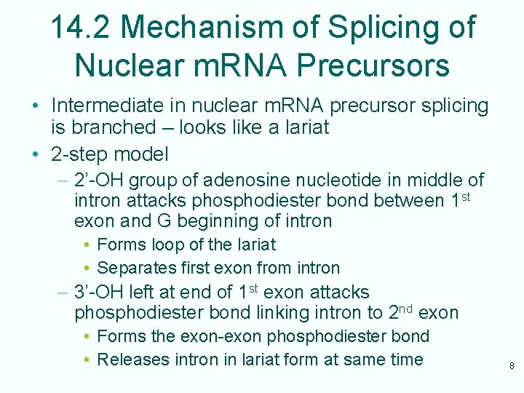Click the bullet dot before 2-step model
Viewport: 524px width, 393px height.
coord(35,154)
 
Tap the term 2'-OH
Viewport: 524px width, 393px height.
coord(102,180)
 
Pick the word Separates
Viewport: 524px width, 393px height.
coord(133,268)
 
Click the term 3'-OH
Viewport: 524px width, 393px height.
coord(102,293)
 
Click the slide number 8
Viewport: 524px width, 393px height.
coord(511,367)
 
